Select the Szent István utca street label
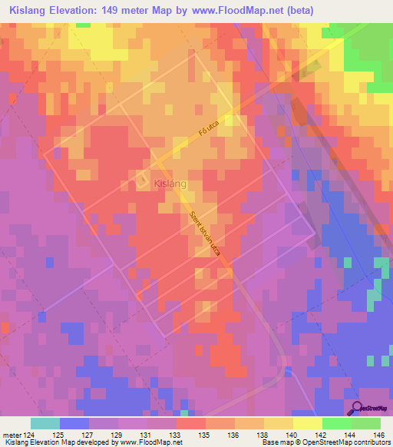(205, 234)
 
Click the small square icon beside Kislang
(143, 180)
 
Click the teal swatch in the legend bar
(45, 423)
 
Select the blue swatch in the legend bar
(74, 423)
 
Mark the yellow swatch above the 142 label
(307, 423)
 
